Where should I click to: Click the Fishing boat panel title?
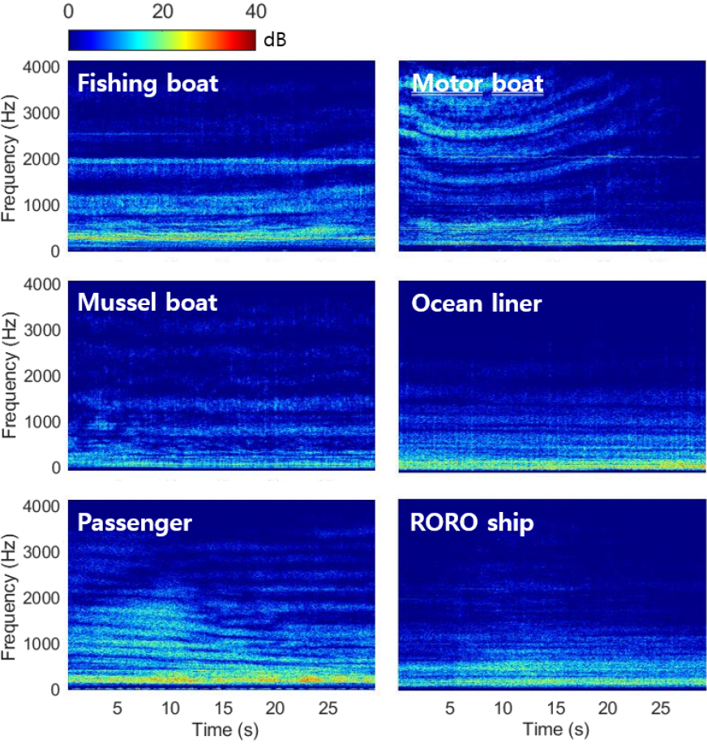tap(148, 83)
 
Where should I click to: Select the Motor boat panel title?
tap(477, 83)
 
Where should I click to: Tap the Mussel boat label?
tap(148, 303)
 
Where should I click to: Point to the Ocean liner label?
tap(476, 303)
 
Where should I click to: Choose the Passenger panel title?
tap(135, 523)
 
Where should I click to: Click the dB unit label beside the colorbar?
tap(276, 39)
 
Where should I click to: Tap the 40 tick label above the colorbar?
tap(256, 11)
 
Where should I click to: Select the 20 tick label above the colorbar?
tap(163, 11)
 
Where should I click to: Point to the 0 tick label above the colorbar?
tap(69, 11)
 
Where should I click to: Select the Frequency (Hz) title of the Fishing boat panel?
tap(11, 154)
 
